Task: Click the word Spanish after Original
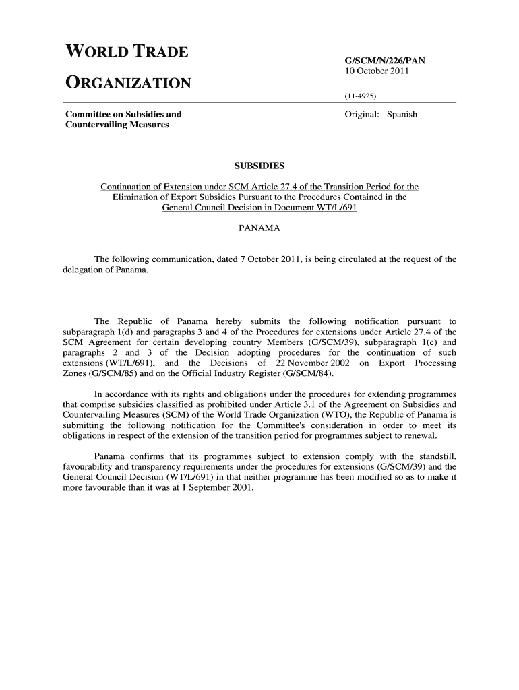tap(402, 114)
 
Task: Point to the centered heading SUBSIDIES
tap(259, 165)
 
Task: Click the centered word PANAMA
tap(259, 229)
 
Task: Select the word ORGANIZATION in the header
tap(128, 84)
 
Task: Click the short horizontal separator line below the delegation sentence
tap(259, 294)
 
